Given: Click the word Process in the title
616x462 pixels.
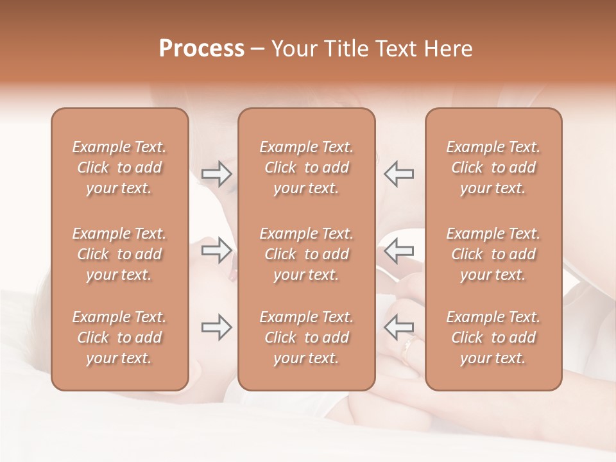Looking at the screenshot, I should point(201,49).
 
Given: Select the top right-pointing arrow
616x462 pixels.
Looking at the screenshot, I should point(216,174).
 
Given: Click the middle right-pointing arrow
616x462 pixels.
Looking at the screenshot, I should point(216,250).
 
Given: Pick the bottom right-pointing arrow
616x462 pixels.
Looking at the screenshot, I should point(216,327).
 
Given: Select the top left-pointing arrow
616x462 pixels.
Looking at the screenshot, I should point(398,174).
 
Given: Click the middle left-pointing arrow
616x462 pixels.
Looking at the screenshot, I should point(398,250).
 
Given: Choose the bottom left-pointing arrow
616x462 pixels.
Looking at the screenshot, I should point(398,327).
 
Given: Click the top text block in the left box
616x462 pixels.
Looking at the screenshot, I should point(119,167).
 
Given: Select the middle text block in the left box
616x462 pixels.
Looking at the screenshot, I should point(119,254).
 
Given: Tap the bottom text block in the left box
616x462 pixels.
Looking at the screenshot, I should point(119,338).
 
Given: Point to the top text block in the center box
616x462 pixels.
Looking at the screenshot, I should point(307,167).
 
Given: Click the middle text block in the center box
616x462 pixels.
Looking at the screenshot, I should point(307,254).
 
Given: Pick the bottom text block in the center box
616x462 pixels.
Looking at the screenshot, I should point(307,338).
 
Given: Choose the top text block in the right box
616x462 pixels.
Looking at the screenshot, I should point(493,167).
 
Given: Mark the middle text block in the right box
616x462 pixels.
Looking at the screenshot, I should point(493,254).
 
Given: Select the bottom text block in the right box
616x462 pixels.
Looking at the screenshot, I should point(493,338).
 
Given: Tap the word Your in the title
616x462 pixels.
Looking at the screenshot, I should point(295,49).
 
